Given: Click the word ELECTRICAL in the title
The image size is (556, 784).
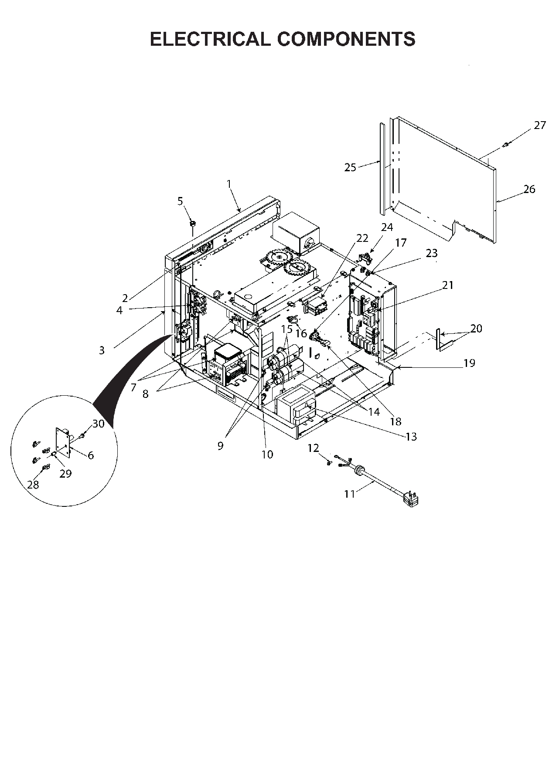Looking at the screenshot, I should pos(210,39).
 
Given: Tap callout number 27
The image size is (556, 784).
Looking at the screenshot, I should pos(540,126).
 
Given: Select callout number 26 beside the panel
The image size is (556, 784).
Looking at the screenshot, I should pos(529,189).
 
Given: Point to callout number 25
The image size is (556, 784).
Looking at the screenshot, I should pos(350,167).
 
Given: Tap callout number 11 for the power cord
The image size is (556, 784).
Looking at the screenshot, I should pos(349,494).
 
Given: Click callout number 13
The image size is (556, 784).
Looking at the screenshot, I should pos(411,436).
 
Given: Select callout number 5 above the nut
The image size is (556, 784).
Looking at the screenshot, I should pos(180,201).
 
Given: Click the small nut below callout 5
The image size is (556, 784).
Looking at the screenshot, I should pos(192,224).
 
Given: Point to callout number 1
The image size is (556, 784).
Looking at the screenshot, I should pos(229,184).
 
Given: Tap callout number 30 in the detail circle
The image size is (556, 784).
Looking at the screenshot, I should pos(99,423).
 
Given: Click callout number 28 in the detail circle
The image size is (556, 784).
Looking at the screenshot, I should pos(33,484).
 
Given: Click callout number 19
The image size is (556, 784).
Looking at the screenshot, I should pos(469,363).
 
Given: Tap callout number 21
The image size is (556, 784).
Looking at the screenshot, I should pos(448,285).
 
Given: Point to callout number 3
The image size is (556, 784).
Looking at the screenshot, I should pos(102,350).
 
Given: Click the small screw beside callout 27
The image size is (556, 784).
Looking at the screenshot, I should pos(507,145).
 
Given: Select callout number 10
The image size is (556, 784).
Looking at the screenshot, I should pos(267,454).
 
